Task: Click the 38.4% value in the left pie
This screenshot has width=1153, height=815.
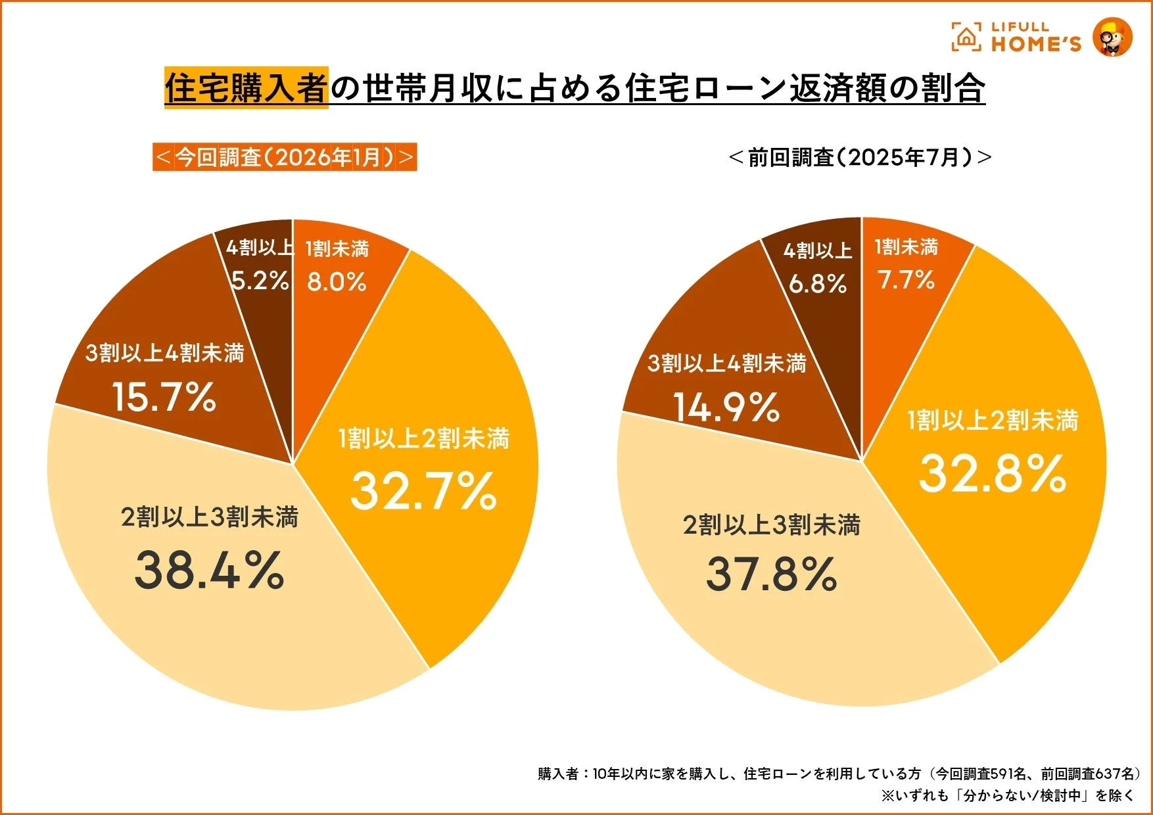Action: click(209, 569)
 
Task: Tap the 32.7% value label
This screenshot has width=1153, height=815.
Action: click(423, 491)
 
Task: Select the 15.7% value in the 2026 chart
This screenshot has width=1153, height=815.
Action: click(164, 397)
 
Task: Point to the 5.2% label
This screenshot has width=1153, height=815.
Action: click(260, 281)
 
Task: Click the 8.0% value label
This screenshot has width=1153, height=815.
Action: click(337, 282)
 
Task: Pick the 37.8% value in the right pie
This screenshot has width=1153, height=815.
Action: click(771, 574)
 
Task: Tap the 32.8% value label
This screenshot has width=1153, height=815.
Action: click(992, 473)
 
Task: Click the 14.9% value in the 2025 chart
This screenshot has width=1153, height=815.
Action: click(726, 407)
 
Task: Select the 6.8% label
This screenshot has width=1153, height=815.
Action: click(818, 284)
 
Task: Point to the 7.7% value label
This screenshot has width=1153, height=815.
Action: click(906, 280)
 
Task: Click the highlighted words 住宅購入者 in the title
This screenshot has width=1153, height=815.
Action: click(246, 88)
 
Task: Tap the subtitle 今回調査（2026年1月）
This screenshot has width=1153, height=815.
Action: click(285, 157)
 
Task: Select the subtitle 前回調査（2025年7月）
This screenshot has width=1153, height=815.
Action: click(860, 157)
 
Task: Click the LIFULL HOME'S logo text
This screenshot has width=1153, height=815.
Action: click(1035, 37)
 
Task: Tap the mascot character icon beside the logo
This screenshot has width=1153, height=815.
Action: click(1112, 37)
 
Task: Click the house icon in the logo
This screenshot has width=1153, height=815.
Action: click(966, 37)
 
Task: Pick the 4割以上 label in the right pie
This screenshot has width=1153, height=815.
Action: click(818, 250)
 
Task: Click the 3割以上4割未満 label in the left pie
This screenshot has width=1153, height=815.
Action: click(164, 353)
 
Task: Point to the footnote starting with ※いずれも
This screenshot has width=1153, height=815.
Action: click(1007, 795)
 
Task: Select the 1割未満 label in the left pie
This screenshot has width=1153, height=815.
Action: click(337, 248)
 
